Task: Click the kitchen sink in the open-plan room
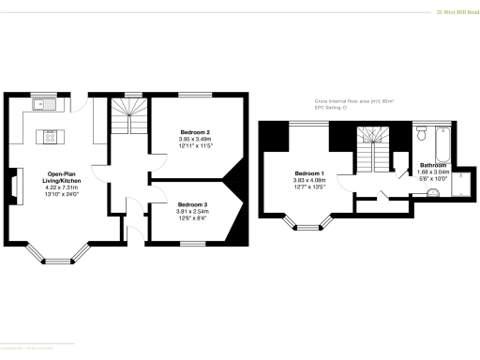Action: (x=44, y=105)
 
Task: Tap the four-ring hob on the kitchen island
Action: (x=49, y=139)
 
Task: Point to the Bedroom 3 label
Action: (x=192, y=204)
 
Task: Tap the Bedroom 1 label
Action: (x=309, y=174)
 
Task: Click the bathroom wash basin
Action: (x=432, y=194)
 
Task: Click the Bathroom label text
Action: (x=433, y=166)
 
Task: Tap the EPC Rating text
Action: (x=331, y=108)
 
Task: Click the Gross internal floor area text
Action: (x=353, y=100)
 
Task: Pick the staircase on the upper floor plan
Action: (x=374, y=156)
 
